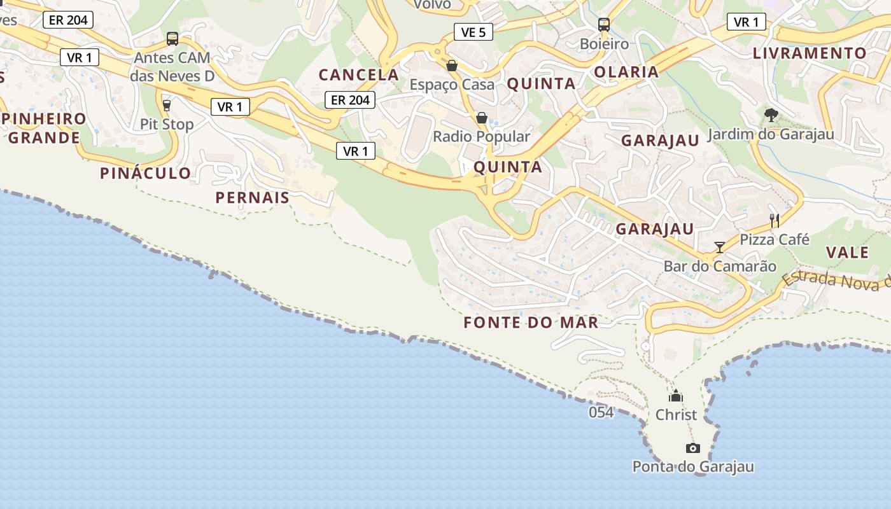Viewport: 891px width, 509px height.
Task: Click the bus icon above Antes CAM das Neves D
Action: (x=172, y=39)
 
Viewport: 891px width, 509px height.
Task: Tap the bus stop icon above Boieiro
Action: (x=603, y=25)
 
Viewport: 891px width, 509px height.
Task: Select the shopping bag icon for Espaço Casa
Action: (x=451, y=66)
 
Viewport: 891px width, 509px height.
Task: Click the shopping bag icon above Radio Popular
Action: (x=482, y=118)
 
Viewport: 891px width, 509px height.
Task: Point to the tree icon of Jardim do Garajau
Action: (x=771, y=115)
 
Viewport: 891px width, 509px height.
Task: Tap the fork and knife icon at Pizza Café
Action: (x=775, y=221)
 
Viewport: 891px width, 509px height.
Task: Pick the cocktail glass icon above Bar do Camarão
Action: (x=720, y=248)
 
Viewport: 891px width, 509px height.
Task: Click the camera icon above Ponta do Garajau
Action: (x=693, y=448)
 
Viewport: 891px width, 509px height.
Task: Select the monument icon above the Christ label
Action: (x=676, y=396)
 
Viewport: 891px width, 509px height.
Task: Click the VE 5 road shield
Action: (x=474, y=32)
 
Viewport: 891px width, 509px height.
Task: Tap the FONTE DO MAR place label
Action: (x=531, y=323)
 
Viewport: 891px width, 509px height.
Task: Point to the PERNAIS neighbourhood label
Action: (x=253, y=198)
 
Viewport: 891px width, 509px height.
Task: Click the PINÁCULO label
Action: (x=145, y=173)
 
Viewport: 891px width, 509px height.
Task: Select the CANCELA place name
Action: (x=359, y=75)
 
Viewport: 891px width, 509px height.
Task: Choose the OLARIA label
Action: (x=626, y=72)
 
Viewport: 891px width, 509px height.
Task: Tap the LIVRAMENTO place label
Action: (x=810, y=53)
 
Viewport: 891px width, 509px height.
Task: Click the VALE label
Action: (x=847, y=253)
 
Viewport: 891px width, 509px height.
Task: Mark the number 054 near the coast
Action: (x=601, y=412)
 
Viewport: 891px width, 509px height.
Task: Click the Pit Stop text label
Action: (x=167, y=124)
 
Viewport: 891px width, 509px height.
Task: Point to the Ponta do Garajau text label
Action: (x=693, y=467)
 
